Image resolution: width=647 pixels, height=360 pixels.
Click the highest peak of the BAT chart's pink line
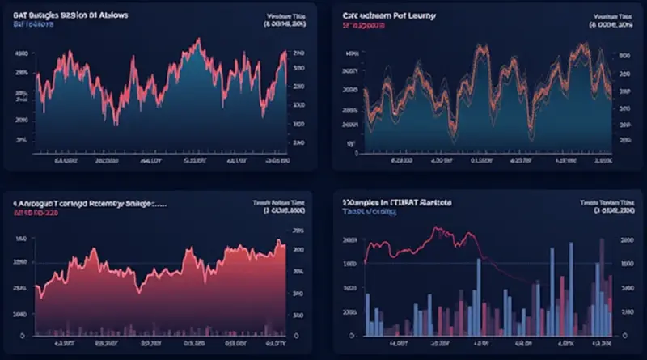pyautogui.click(x=194, y=40)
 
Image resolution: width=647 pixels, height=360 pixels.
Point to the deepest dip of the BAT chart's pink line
pyautogui.click(x=115, y=124)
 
